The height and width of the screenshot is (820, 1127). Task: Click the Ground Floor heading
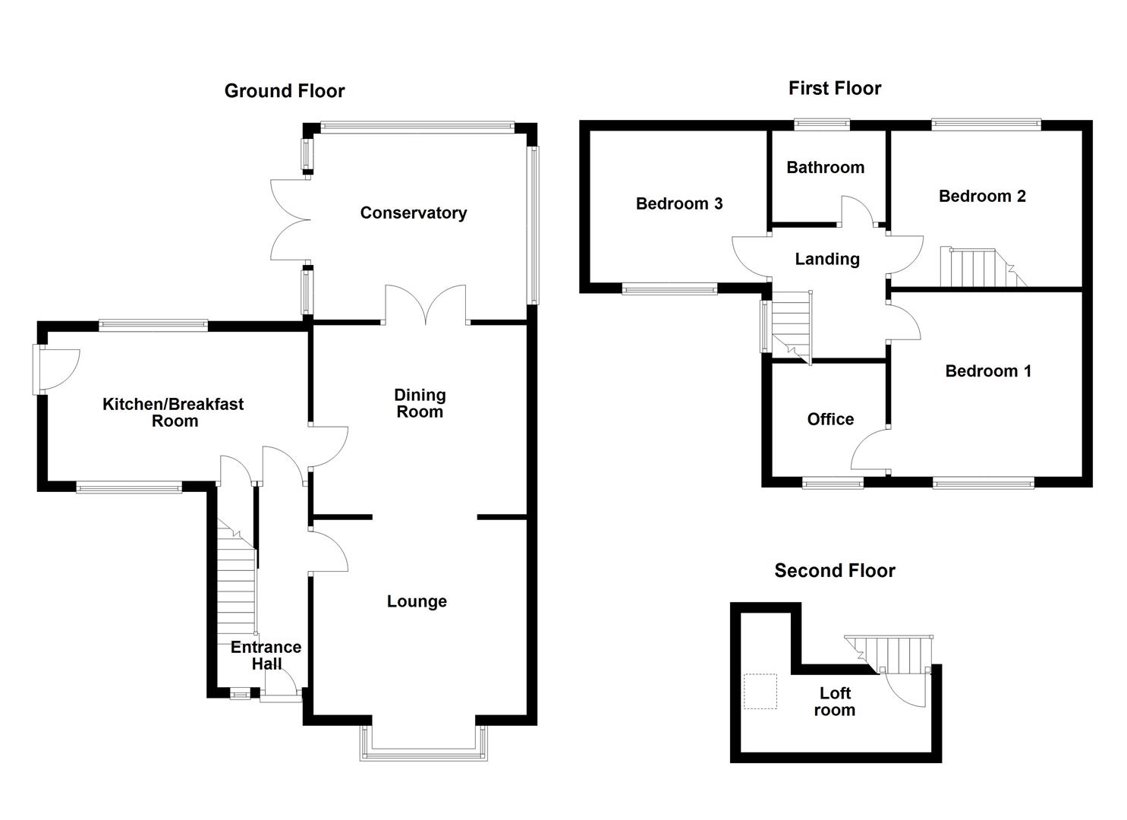285,91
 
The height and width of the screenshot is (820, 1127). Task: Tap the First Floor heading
834,88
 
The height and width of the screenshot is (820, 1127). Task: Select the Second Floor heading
834,570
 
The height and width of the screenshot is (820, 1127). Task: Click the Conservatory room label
413,213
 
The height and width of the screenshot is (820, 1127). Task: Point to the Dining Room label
419,403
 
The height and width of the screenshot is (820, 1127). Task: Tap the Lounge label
417,601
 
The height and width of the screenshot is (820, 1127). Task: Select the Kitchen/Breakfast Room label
173,412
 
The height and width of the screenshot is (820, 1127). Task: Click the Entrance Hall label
266,655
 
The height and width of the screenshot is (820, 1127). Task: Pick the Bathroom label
825,167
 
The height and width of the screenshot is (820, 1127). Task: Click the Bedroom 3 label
678,203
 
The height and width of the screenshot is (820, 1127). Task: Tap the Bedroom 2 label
982,196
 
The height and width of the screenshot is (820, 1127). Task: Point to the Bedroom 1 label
987,371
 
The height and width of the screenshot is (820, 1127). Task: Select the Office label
830,419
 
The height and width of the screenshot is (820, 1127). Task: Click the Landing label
826,259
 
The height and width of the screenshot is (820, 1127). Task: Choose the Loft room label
834,702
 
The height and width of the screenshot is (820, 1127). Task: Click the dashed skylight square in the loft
760,692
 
